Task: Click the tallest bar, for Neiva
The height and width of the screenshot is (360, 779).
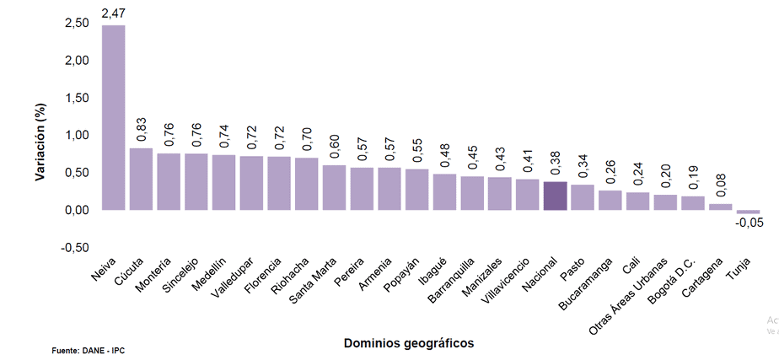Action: tap(113, 117)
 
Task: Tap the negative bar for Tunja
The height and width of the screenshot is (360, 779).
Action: tap(748, 212)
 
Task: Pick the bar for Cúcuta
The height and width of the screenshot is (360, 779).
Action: tap(141, 179)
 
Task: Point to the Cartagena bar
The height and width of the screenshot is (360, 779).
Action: tap(720, 207)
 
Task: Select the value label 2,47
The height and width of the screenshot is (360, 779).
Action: tap(113, 13)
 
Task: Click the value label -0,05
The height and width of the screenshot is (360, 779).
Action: tap(749, 223)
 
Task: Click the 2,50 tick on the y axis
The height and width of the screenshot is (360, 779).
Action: tap(76, 23)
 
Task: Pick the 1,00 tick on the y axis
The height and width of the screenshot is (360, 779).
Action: tap(76, 135)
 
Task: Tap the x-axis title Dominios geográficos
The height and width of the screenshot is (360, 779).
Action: tap(409, 342)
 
